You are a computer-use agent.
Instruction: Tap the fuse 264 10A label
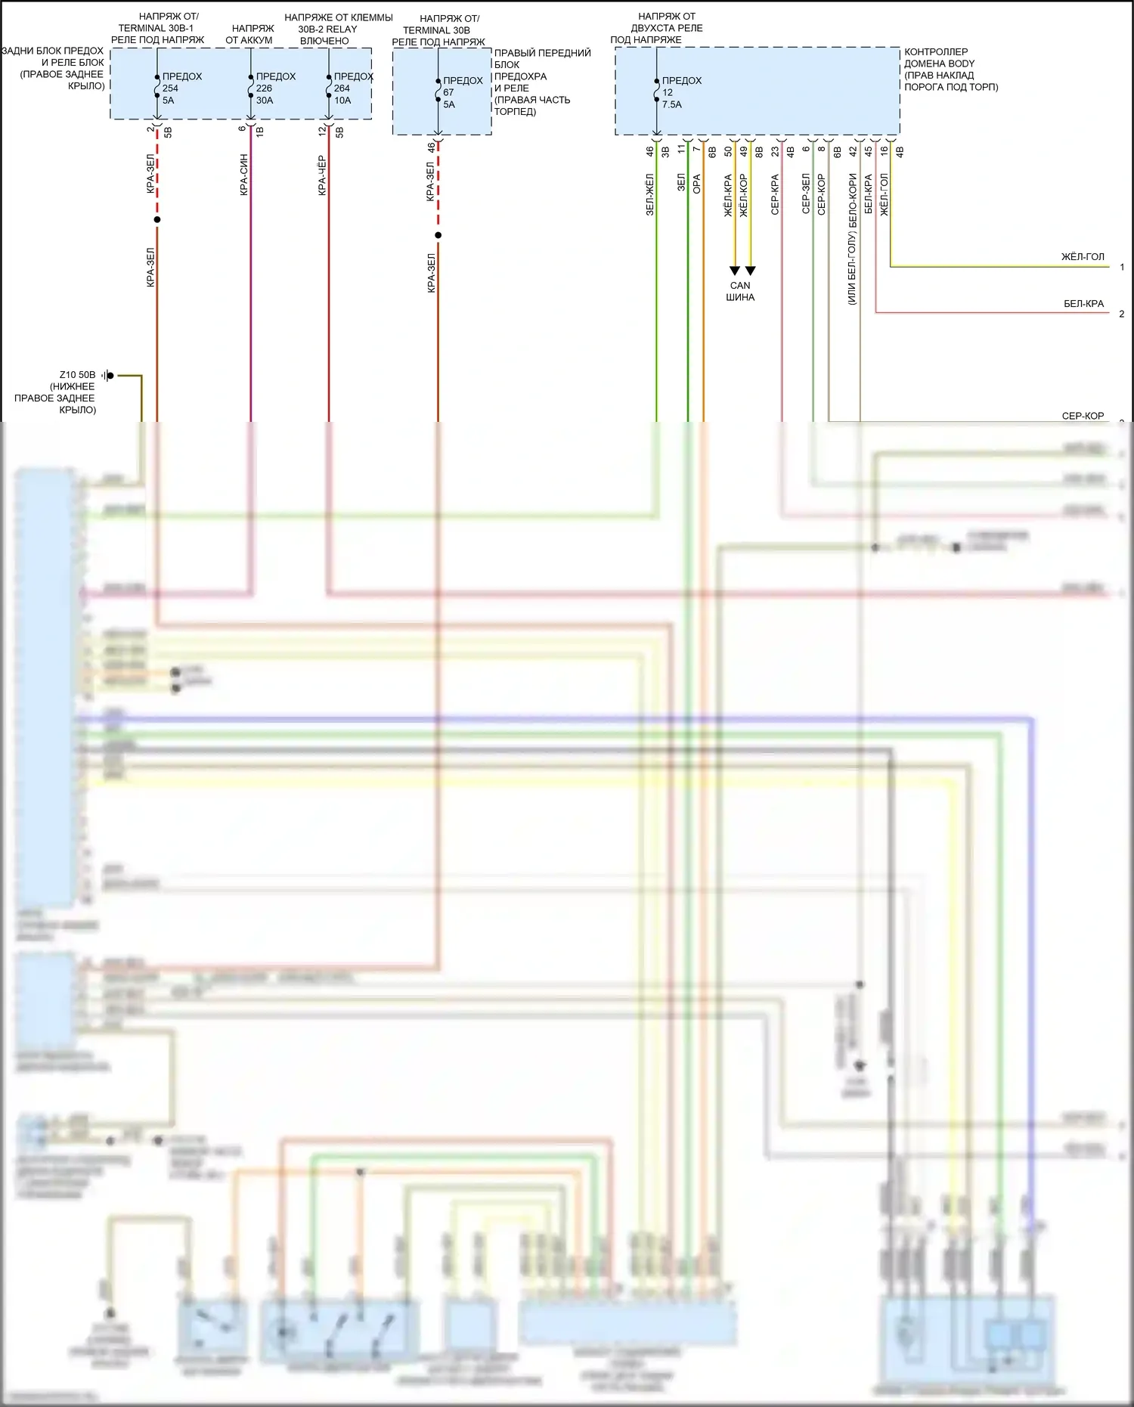pyautogui.click(x=351, y=88)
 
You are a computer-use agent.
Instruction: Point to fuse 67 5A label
pyautogui.click(x=461, y=92)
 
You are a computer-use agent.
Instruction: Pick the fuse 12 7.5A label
pyautogui.click(x=680, y=92)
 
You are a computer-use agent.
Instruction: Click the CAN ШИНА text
pyautogui.click(x=740, y=291)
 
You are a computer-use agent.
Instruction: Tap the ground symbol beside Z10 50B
pyautogui.click(x=108, y=375)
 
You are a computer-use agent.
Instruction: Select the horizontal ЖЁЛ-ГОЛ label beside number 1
pyautogui.click(x=1083, y=257)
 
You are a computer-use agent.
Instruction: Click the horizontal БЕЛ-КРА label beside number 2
pyautogui.click(x=1083, y=304)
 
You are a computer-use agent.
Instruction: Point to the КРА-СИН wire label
pyautogui.click(x=244, y=175)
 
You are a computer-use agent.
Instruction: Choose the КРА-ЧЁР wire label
pyautogui.click(x=322, y=175)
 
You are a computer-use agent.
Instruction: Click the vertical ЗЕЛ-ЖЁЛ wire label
pyautogui.click(x=649, y=194)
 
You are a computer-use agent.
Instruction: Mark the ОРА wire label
pyautogui.click(x=697, y=184)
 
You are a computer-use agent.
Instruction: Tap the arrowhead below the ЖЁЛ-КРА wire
pyautogui.click(x=734, y=271)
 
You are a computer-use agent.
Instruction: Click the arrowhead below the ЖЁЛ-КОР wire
pyautogui.click(x=751, y=271)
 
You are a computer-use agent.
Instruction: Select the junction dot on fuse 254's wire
pyautogui.click(x=157, y=220)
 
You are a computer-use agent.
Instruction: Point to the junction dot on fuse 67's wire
pyautogui.click(x=438, y=235)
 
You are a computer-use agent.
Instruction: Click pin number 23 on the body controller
pyautogui.click(x=775, y=151)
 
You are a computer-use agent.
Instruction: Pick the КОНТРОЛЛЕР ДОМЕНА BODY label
pyautogui.click(x=950, y=70)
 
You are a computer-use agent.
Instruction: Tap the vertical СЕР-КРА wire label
pyautogui.click(x=775, y=194)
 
